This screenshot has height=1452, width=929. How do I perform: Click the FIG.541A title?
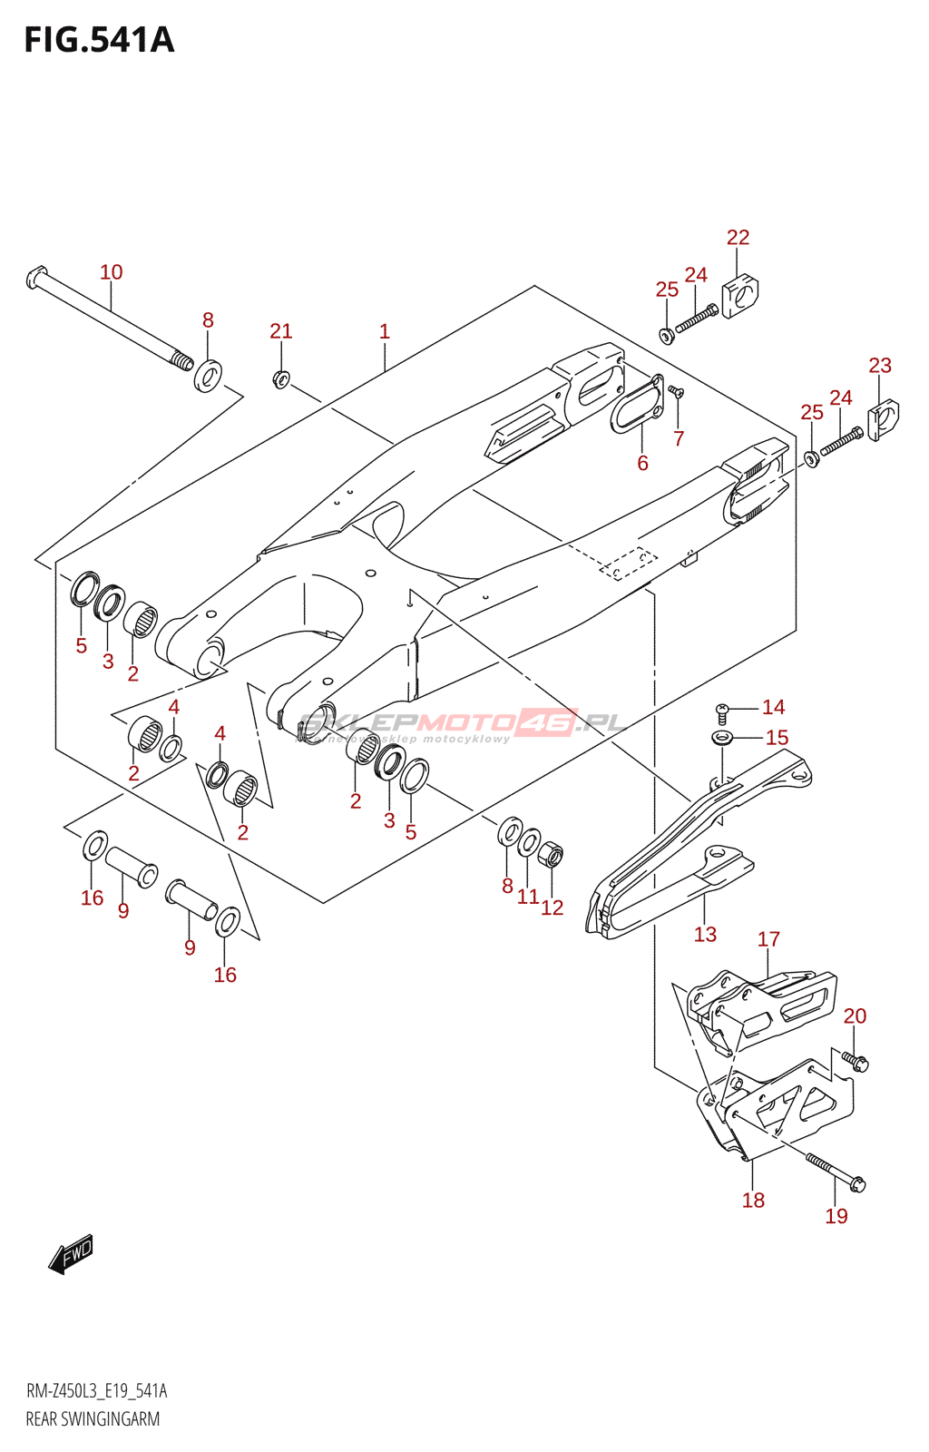[x=99, y=41]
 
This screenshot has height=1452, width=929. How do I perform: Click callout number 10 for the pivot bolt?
[x=111, y=272]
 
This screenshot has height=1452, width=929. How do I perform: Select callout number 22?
[x=738, y=238]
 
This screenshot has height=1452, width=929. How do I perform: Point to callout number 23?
[x=879, y=366]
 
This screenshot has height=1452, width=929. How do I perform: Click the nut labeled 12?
[x=551, y=855]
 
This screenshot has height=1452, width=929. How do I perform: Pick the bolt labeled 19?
[x=835, y=1172]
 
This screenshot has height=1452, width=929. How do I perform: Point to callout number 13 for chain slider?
[x=705, y=935]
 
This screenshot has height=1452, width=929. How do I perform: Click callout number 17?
[x=768, y=939]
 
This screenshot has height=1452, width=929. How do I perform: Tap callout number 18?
[x=753, y=1201]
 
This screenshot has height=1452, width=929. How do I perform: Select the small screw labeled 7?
[x=676, y=392]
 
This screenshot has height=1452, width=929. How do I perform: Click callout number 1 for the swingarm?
[x=385, y=332]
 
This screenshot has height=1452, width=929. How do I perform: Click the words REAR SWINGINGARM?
[x=93, y=1419]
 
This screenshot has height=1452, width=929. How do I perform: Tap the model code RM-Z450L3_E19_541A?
[x=96, y=1391]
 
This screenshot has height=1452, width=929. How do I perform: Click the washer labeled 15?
[x=722, y=738]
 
